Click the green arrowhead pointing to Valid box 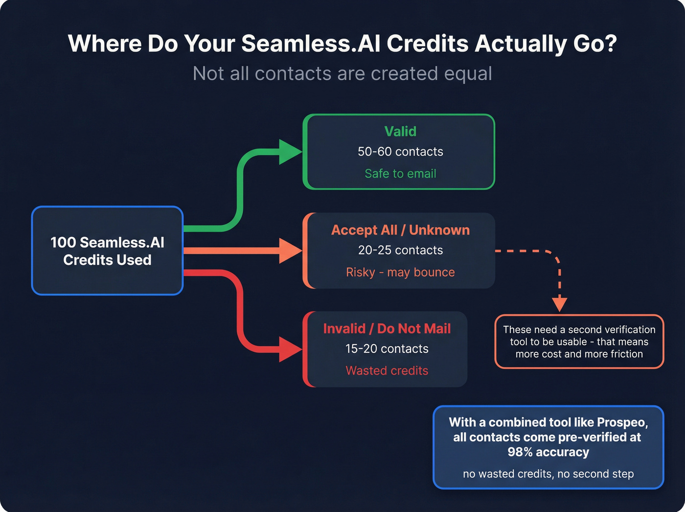290,152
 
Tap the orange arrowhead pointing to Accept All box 290,250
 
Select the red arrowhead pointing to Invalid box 290,349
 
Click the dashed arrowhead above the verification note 559,304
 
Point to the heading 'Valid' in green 400,131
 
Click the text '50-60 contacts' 400,152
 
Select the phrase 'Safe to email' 400,173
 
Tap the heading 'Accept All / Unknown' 400,230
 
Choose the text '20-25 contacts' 400,250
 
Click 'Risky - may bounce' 400,272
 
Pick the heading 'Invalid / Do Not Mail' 387,328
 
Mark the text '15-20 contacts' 387,349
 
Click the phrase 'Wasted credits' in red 387,370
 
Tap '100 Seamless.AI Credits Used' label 107,251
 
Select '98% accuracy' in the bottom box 548,452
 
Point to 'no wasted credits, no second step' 548,474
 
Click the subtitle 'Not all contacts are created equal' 342,73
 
